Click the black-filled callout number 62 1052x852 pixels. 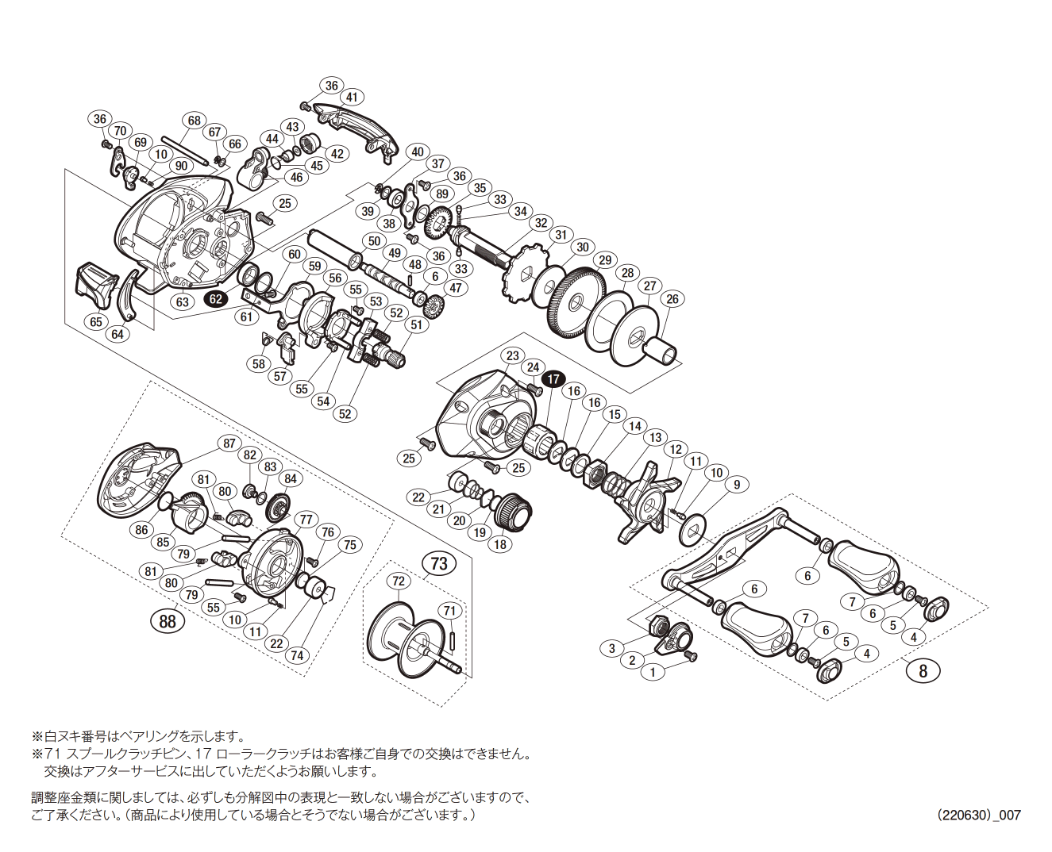click(216, 299)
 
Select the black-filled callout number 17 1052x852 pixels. click(553, 379)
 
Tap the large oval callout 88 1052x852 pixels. click(168, 621)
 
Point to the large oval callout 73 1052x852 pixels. click(439, 563)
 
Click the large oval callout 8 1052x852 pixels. click(923, 670)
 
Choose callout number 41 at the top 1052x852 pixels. click(352, 98)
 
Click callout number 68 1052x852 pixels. click(195, 121)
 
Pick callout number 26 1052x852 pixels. click(672, 299)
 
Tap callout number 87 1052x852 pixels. click(229, 443)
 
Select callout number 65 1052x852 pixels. click(96, 322)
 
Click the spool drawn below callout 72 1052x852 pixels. click(409, 641)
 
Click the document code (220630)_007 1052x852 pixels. click(978, 815)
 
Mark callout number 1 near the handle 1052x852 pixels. click(653, 672)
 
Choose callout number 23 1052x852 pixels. click(513, 355)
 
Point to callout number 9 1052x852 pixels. click(737, 485)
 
